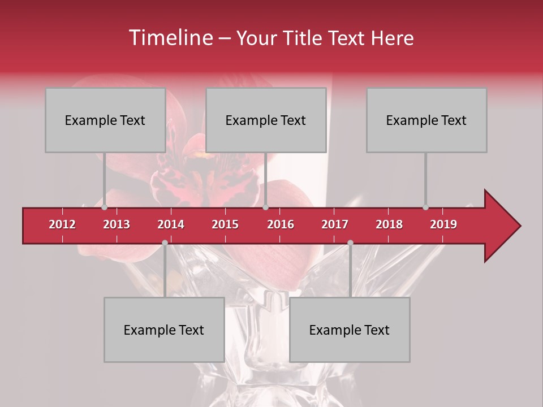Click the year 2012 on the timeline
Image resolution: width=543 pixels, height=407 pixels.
62,224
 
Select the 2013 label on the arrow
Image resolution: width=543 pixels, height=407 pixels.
117,224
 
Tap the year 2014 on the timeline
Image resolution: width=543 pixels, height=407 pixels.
171,224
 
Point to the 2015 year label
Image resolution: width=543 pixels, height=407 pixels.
225,224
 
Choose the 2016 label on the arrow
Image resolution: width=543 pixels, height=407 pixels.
281,224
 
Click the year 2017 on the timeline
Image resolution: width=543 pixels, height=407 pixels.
335,224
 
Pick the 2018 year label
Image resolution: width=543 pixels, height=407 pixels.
389,224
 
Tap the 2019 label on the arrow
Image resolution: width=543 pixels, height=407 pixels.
443,224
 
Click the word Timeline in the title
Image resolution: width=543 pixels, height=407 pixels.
169,38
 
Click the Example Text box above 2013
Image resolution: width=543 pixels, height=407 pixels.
105,120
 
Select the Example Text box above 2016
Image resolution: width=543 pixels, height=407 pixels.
266,120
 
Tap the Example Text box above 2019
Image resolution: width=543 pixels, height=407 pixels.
426,120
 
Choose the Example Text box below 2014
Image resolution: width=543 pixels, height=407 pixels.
164,330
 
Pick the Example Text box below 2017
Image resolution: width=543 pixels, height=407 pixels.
350,330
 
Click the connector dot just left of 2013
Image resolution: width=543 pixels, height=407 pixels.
105,207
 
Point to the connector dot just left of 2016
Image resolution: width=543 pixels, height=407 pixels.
265,207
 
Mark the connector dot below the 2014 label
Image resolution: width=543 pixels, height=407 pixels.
165,243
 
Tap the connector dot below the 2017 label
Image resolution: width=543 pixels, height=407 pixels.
350,243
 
